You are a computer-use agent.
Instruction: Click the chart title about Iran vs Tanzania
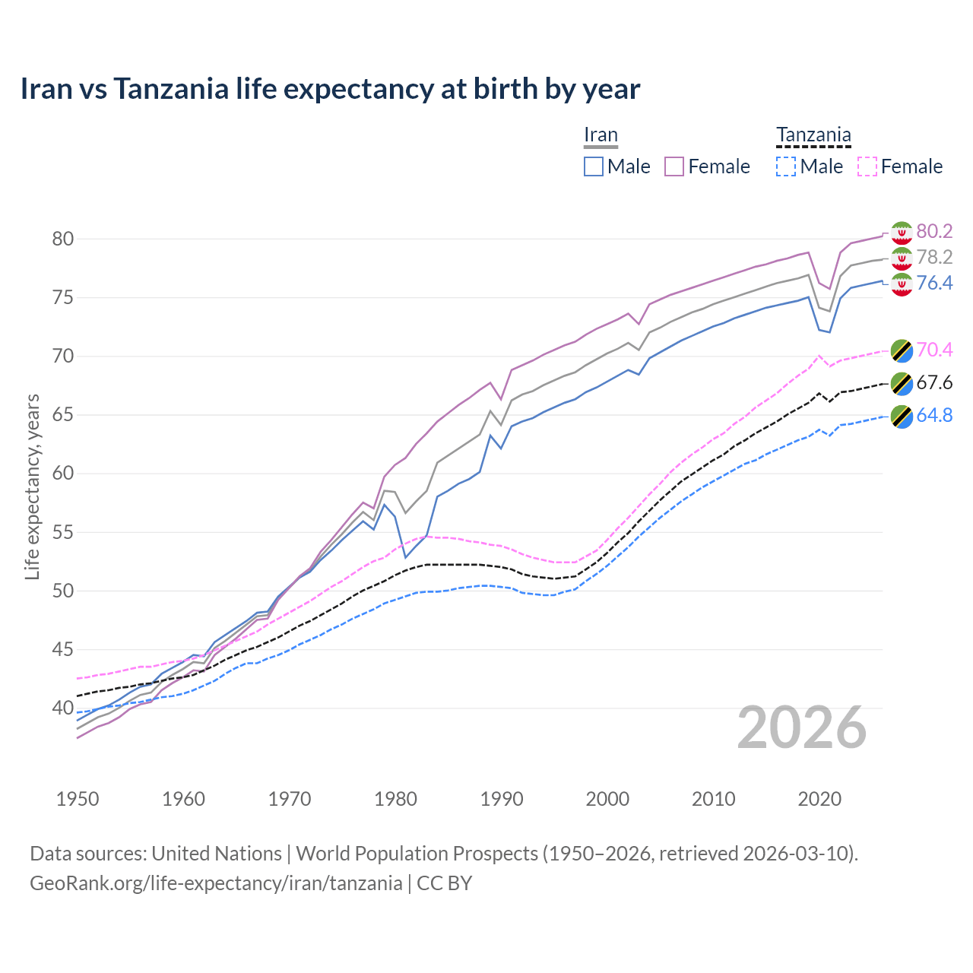click(330, 89)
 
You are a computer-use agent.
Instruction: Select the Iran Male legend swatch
click(594, 166)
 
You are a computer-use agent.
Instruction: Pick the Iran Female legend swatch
click(674, 166)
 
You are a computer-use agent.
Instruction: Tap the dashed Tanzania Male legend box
click(786, 166)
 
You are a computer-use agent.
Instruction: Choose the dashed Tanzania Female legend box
click(867, 166)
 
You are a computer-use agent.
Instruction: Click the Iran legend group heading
click(601, 135)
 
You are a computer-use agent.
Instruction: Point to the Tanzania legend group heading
click(813, 135)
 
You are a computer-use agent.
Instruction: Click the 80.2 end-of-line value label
click(934, 231)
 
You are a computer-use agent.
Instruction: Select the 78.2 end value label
click(934, 257)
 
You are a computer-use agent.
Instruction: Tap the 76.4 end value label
click(934, 283)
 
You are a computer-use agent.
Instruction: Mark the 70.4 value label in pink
click(934, 350)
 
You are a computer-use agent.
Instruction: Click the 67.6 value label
click(934, 382)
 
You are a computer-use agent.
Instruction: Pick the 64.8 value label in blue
click(934, 415)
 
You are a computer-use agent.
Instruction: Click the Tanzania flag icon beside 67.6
click(902, 383)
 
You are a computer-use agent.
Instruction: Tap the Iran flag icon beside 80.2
click(902, 232)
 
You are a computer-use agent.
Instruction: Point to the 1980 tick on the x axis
click(396, 799)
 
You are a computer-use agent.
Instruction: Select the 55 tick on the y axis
click(62, 532)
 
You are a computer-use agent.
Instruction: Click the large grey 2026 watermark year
click(802, 728)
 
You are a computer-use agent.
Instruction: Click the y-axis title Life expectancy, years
click(32, 486)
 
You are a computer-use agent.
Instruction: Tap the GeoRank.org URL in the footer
click(216, 883)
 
